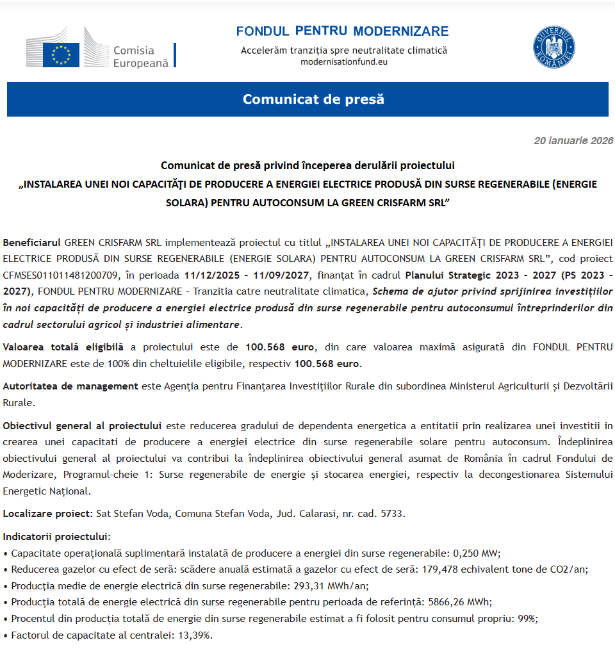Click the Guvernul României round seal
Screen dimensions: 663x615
click(553, 48)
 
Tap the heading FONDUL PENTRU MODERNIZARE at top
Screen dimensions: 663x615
click(342, 31)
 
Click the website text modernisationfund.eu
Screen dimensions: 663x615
click(344, 62)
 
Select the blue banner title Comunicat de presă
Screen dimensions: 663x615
click(313, 99)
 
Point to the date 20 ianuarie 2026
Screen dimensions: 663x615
click(573, 141)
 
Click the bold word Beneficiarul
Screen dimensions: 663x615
click(32, 243)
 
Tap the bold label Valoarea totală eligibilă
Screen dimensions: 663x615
click(63, 347)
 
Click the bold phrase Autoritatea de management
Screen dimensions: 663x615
click(70, 386)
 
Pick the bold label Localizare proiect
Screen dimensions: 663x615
click(48, 514)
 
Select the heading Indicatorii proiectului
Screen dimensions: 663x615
click(56, 536)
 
